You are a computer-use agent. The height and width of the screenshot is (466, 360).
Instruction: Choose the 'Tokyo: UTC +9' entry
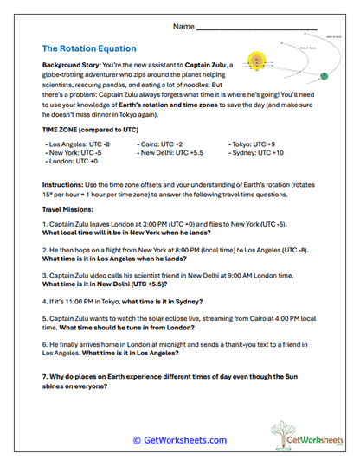coord(252,144)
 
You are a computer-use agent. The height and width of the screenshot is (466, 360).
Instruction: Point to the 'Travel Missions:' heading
coord(67,210)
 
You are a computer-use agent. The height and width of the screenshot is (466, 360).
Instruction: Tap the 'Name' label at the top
coord(183,28)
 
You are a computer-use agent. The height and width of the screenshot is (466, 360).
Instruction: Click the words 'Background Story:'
coord(73,65)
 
